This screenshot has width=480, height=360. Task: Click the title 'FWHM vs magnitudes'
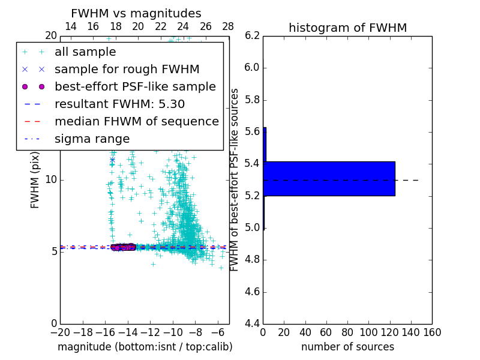[x=136, y=13]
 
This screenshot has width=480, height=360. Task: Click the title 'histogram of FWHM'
[x=347, y=28]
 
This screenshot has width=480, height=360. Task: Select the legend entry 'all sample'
[x=85, y=52]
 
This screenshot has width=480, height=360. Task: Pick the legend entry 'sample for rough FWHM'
[x=127, y=69]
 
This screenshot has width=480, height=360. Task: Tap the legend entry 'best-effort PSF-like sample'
[x=135, y=86]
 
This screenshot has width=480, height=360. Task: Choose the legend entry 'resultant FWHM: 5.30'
[x=119, y=104]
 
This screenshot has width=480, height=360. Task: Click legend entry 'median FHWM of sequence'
[x=136, y=121]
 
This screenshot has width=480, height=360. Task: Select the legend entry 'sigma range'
[x=92, y=139]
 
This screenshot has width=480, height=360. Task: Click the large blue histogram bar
[x=329, y=178]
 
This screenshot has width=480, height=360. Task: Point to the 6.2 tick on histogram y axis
[x=252, y=35]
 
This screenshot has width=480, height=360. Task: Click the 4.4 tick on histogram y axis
[x=252, y=323]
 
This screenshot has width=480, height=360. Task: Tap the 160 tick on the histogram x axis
[x=432, y=332]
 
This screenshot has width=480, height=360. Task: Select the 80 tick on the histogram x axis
[x=347, y=332]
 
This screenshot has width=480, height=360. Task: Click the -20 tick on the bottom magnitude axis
[x=60, y=332]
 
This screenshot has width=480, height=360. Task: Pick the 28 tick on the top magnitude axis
[x=228, y=26]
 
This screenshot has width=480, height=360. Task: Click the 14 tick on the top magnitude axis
[x=70, y=26]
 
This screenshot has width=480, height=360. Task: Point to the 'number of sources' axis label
[x=347, y=347]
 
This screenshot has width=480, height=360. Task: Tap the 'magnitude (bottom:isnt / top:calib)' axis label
[x=145, y=347]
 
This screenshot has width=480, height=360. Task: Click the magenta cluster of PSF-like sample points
[x=124, y=247]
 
